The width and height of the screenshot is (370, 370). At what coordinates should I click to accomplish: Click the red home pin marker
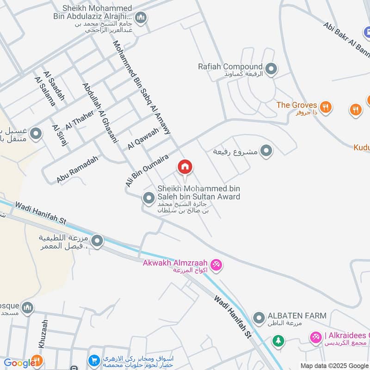185,167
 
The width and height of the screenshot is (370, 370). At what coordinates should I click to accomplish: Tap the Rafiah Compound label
230,67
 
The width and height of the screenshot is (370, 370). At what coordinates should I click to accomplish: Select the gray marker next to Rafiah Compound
271,69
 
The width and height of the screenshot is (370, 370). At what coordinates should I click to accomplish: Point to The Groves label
296,105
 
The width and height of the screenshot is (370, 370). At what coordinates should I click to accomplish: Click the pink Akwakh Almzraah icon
216,265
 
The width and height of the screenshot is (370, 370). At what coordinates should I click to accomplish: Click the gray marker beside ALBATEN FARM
258,318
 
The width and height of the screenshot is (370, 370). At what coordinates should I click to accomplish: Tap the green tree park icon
277,341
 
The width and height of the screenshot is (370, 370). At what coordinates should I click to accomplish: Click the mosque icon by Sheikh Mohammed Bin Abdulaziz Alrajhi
141,18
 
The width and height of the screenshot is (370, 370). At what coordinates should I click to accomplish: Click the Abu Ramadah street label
78,168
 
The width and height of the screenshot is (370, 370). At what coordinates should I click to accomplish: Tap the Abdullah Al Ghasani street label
100,113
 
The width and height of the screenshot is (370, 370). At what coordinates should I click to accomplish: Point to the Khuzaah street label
43,334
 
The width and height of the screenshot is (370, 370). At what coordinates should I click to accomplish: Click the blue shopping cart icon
94,360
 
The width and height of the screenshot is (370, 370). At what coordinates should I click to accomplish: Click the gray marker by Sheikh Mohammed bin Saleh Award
148,198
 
